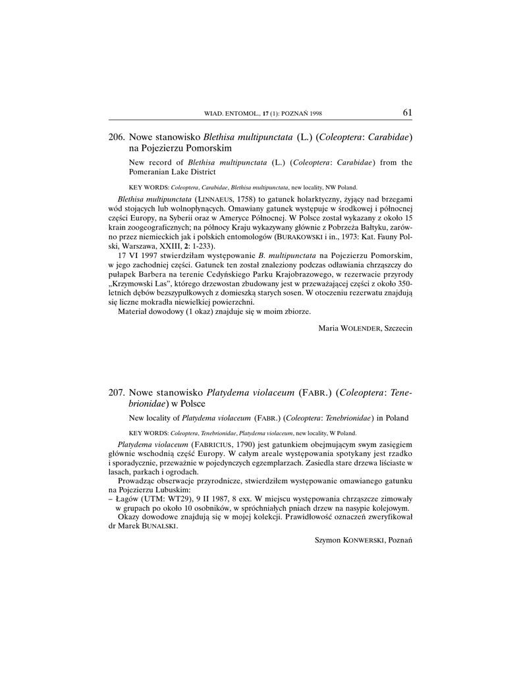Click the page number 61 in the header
(x=407, y=113)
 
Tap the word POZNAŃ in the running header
(x=296, y=114)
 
